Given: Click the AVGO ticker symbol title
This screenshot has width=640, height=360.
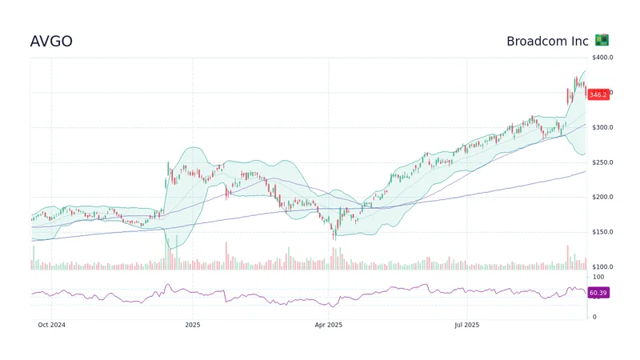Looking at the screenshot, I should (51, 41).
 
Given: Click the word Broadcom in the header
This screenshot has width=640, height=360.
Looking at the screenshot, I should (538, 41).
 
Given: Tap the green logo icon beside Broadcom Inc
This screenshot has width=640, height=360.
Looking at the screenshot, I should (602, 40).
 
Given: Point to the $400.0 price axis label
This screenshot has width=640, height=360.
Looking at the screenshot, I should (602, 58).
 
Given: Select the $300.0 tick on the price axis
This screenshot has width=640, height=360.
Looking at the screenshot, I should (602, 127).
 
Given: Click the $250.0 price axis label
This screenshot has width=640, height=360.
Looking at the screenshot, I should (602, 162).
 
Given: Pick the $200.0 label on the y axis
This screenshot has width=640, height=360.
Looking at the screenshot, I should (602, 197).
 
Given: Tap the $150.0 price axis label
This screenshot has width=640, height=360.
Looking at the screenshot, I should (602, 232).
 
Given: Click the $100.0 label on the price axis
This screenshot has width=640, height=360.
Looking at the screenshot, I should (602, 266).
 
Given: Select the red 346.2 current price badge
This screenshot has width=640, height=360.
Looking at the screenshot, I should (598, 94).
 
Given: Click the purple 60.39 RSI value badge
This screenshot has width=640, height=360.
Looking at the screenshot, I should (598, 293).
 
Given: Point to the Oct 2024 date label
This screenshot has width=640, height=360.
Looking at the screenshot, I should (51, 325).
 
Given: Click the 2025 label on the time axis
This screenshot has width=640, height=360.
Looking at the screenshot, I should (192, 325).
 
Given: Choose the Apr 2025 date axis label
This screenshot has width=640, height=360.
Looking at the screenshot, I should (329, 325).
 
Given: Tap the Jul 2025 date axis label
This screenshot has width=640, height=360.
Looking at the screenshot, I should (466, 325).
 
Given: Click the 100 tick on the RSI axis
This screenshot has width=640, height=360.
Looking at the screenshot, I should (597, 277).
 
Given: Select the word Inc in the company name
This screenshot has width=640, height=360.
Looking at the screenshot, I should (580, 41).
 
